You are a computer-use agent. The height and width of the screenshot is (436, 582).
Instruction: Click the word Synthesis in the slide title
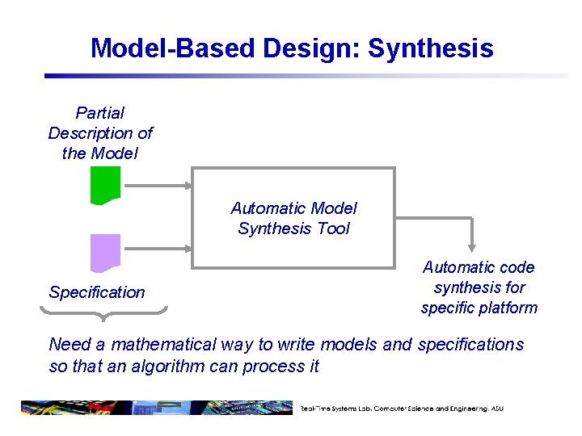430,48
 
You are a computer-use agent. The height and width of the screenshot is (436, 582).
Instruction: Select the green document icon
106,185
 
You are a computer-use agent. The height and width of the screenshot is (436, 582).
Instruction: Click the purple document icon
106,252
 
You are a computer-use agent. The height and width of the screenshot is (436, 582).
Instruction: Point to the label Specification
97,292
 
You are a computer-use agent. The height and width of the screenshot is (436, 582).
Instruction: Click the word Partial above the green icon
99,113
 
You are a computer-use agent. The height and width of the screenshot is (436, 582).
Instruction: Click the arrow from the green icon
158,185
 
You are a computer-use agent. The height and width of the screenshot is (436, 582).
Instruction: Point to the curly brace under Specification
108,310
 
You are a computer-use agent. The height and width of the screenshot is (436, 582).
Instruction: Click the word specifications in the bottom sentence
470,345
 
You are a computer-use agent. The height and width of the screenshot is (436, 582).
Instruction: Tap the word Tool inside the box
334,228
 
